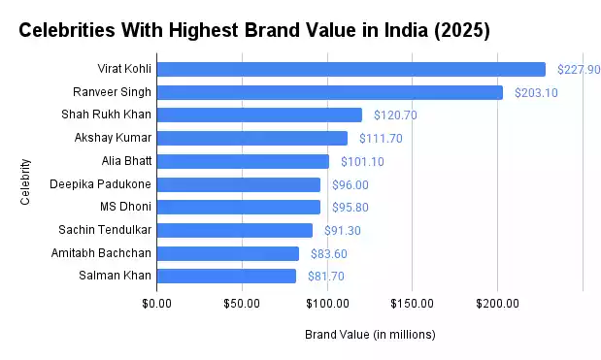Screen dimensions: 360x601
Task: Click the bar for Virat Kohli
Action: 351,69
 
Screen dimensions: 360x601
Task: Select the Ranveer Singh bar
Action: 329,92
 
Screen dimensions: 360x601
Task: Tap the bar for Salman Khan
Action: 226,276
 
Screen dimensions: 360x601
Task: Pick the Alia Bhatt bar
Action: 243,161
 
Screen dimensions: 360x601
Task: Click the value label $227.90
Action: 579,70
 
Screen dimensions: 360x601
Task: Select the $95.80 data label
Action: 350,207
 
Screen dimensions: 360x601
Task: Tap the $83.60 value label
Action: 328,253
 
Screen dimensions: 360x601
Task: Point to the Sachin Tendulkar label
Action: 102,230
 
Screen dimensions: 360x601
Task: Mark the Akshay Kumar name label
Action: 111,138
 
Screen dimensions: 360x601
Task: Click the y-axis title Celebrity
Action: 25,181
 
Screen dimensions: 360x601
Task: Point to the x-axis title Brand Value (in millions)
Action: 370,335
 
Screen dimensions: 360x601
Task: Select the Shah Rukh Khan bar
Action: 258,115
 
